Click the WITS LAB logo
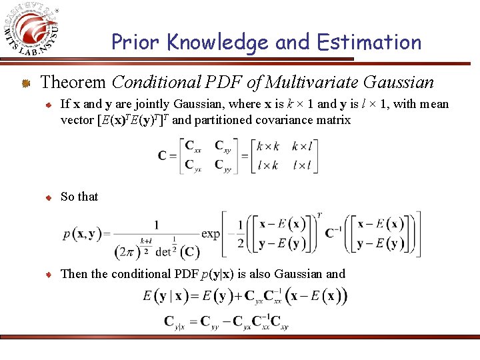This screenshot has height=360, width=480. pos(34,31)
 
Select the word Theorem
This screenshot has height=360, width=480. pos(73,83)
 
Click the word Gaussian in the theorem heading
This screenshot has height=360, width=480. pos(399,83)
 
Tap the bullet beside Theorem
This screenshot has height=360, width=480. pos(25,83)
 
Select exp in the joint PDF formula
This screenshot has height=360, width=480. pos(210,234)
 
